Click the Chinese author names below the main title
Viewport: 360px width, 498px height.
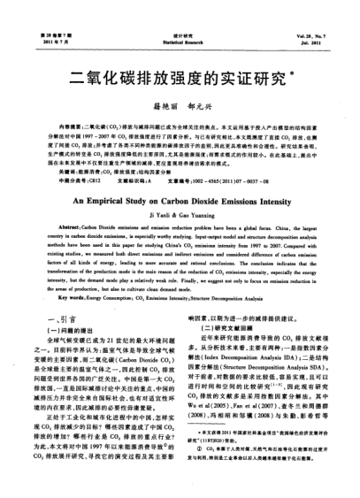pyautogui.click(x=180, y=105)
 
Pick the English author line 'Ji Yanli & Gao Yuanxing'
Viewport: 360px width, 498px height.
pyautogui.click(x=180, y=215)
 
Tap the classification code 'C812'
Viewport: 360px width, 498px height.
pyautogui.click(x=88, y=180)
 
